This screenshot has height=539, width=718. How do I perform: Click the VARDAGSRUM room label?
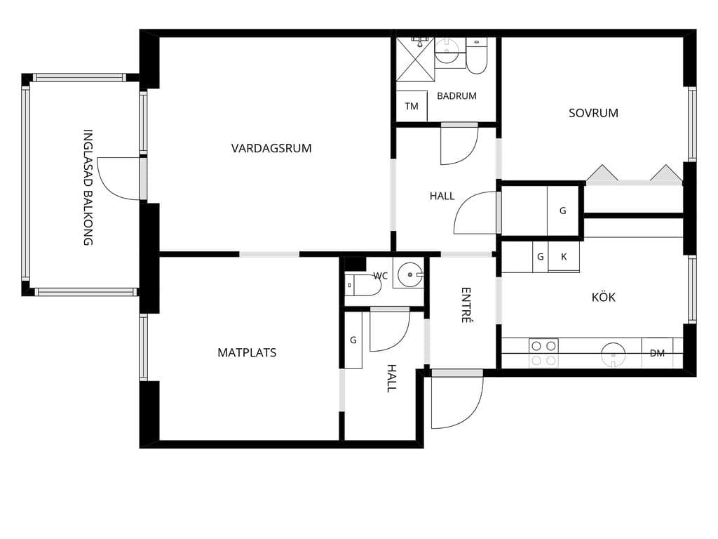click(x=271, y=148)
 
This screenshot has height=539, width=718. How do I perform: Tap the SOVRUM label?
click(x=593, y=113)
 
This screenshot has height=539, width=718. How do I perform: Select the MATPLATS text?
click(x=247, y=352)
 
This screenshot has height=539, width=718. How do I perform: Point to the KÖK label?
click(x=604, y=297)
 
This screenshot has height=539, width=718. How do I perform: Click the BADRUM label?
click(x=456, y=95)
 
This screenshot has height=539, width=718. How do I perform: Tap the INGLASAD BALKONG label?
click(x=88, y=187)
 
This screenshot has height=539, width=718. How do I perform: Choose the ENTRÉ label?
click(x=466, y=305)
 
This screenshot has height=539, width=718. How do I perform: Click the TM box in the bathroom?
click(x=412, y=106)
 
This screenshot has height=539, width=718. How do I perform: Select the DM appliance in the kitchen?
click(x=657, y=353)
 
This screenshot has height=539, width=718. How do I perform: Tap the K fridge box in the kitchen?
click(x=564, y=257)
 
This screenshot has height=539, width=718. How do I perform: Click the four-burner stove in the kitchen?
click(x=543, y=353)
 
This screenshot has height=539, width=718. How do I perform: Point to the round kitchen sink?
click(x=613, y=354)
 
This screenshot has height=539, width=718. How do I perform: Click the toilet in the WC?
click(x=363, y=285)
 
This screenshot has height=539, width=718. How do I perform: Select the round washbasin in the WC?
click(x=409, y=275)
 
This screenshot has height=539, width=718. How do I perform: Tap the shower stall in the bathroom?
click(x=415, y=60)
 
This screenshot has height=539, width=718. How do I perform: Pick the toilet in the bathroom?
click(x=477, y=56)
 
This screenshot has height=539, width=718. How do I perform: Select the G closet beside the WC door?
click(x=353, y=340)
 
